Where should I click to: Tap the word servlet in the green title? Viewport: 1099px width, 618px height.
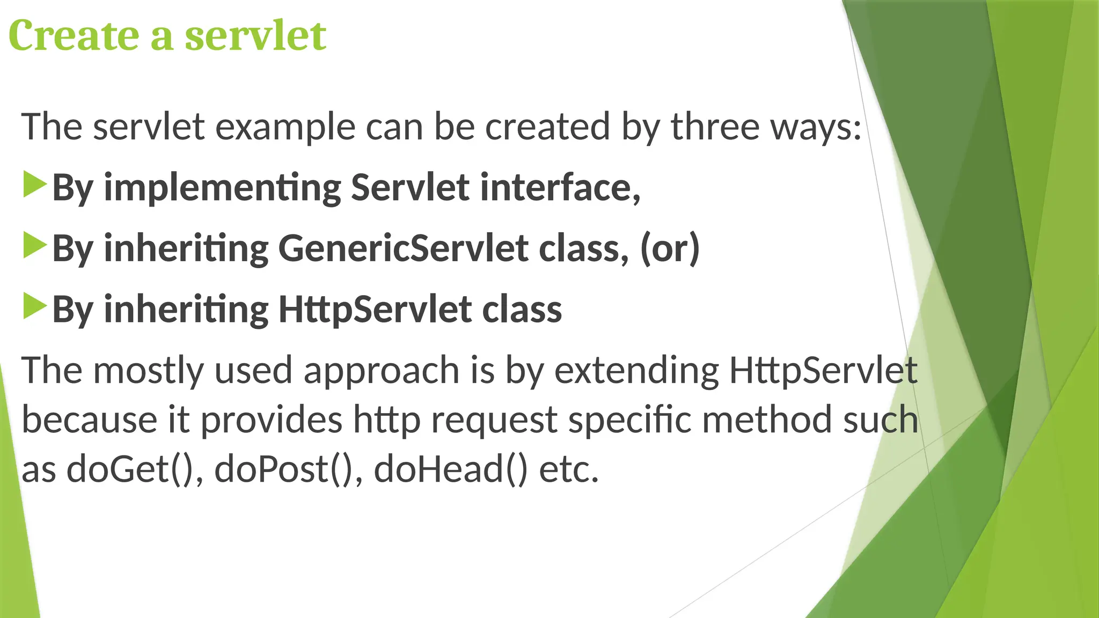click(255, 35)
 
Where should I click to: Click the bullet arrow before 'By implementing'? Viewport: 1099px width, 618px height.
click(35, 185)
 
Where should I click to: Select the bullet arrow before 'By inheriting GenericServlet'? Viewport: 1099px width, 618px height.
click(35, 246)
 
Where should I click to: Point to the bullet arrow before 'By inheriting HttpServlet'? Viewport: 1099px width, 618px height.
click(35, 307)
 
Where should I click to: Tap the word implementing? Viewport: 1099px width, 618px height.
click(222, 188)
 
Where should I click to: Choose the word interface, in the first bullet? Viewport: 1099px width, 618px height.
click(560, 188)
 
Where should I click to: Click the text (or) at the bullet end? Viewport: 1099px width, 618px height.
click(670, 248)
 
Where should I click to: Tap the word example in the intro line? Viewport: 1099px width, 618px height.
click(285, 127)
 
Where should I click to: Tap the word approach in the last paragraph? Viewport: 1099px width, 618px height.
click(381, 371)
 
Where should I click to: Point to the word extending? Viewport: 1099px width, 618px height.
click(636, 371)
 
